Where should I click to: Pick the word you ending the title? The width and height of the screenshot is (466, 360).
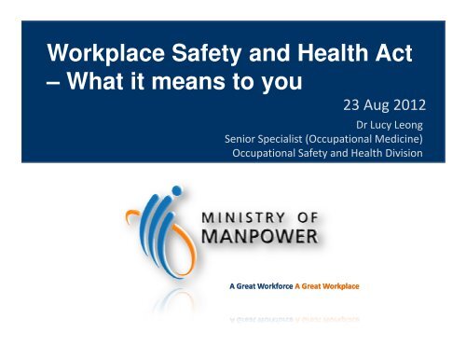tap(274, 86)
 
